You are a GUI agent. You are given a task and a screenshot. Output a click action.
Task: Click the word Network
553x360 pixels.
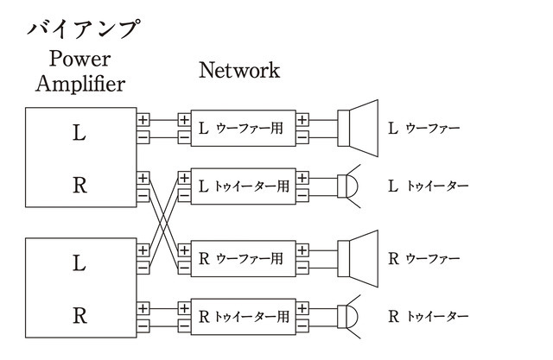click(239, 70)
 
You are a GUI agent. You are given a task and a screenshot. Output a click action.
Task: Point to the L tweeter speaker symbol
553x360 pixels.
click(348, 186)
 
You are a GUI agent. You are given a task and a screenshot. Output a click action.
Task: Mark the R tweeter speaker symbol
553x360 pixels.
click(348, 315)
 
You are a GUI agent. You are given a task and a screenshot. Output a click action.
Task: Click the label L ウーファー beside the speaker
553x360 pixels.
click(423, 129)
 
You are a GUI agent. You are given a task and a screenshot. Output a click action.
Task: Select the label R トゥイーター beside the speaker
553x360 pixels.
click(429, 316)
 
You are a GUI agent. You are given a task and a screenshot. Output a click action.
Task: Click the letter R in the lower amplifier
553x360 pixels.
click(79, 315)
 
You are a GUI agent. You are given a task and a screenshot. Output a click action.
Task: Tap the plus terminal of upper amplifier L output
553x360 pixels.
click(143, 120)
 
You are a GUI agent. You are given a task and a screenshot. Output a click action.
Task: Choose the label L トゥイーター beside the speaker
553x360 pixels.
click(429, 186)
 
